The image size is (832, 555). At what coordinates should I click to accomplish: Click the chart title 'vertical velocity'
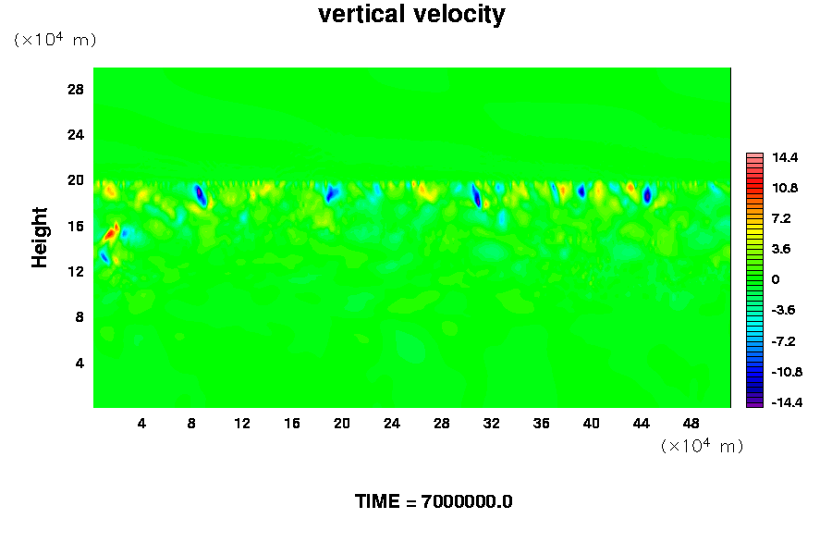[411, 15]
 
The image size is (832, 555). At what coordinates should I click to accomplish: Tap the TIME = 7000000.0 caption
[434, 501]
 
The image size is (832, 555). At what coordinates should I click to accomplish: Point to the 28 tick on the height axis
[76, 89]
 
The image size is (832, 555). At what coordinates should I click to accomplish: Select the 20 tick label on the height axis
[76, 179]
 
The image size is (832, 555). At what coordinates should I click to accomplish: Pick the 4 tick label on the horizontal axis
[141, 424]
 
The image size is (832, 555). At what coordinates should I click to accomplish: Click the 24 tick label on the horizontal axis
[392, 424]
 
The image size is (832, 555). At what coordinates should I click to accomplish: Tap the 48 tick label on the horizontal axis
[691, 424]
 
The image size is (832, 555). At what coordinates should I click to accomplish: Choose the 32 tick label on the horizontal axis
[492, 424]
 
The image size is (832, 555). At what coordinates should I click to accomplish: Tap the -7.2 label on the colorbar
[783, 341]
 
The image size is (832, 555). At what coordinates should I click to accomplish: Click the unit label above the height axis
[55, 39]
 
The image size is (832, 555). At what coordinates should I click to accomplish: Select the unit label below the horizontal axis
[702, 446]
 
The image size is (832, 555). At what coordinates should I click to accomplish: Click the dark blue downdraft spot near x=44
[647, 194]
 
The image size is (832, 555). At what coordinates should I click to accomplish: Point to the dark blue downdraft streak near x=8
[200, 194]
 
